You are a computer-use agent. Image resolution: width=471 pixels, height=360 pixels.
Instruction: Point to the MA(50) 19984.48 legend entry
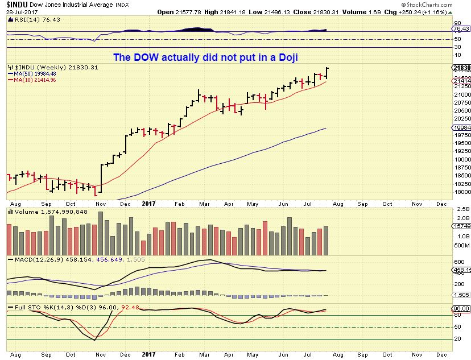pyautogui.click(x=32, y=73)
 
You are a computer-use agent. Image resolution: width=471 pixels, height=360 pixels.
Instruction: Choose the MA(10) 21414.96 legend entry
pyautogui.click(x=32, y=80)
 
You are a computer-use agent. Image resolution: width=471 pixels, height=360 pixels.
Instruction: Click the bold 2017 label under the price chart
pyautogui.click(x=148, y=203)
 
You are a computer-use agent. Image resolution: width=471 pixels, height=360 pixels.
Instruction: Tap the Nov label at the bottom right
pyautogui.click(x=416, y=203)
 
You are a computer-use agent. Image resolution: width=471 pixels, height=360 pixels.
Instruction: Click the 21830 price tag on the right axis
pyautogui.click(x=461, y=68)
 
